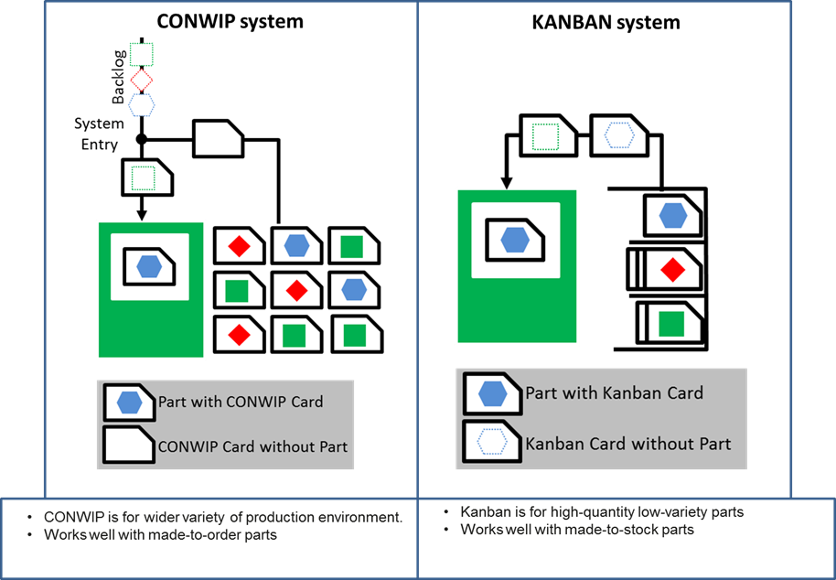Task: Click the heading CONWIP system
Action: (x=230, y=21)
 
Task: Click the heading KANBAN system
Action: (x=606, y=22)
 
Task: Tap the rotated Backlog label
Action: (x=119, y=76)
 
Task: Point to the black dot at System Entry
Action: (x=141, y=139)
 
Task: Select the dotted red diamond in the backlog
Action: (x=141, y=81)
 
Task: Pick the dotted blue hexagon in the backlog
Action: (x=141, y=104)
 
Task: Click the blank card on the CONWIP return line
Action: (x=218, y=139)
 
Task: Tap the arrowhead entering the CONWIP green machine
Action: (x=141, y=215)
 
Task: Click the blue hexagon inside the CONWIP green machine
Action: (x=149, y=266)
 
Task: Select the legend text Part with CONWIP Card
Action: (x=241, y=402)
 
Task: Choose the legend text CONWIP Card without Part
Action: (x=252, y=446)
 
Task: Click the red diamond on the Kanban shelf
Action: (x=672, y=270)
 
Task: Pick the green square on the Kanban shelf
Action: (x=671, y=324)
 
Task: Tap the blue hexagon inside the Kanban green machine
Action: (x=515, y=240)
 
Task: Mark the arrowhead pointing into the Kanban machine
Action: (x=507, y=183)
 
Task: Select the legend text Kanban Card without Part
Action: (x=628, y=444)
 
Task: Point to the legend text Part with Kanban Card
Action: (x=615, y=392)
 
